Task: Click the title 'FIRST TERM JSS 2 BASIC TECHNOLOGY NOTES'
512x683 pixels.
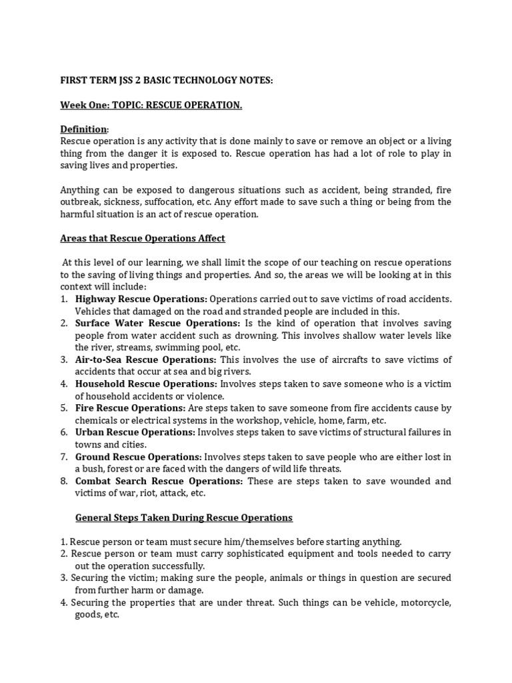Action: pos(167,81)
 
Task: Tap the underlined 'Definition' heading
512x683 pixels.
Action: pos(83,129)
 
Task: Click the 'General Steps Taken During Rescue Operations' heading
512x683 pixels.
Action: pos(183,518)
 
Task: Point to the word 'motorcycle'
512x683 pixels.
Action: pos(423,603)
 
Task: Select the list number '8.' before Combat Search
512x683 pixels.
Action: pos(63,481)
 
